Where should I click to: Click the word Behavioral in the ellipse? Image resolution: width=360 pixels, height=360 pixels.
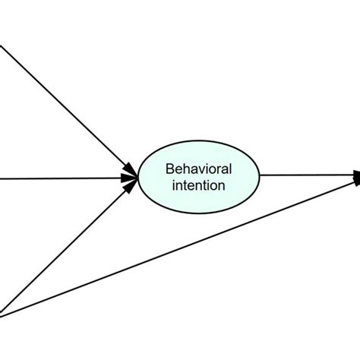click(199, 167)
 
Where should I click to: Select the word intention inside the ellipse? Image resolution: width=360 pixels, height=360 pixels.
click(199, 184)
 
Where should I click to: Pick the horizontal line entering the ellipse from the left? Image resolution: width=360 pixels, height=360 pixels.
click(61, 179)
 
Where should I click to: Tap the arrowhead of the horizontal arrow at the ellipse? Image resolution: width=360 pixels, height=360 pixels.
click(131, 178)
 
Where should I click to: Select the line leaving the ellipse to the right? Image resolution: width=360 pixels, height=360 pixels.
click(304, 176)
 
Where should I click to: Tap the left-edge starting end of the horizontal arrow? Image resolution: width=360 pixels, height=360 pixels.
click(2, 180)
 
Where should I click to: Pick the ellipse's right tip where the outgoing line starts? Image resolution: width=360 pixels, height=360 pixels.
click(260, 176)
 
